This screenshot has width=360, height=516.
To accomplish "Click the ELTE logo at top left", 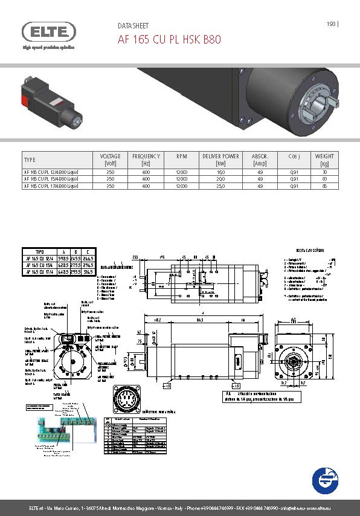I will pos(48,32).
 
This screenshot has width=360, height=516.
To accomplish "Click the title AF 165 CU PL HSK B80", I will pos(169,40).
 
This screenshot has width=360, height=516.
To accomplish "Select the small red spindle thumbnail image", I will pos(54,101).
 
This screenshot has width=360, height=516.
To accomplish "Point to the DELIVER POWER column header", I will pos(220,160).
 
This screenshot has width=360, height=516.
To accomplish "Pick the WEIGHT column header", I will pos(324,160).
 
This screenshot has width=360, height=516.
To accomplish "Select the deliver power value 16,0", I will pos(220,172).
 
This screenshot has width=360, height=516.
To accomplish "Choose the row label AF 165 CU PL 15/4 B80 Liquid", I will pos(51,179).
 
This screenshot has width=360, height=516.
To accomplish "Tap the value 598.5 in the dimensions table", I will pos(62,258).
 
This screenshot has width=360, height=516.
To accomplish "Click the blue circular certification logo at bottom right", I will pos(325,481).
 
